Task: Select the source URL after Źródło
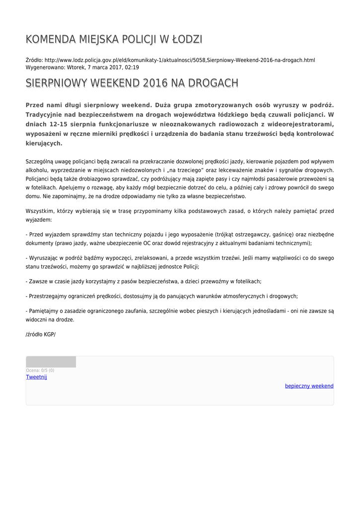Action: click(x=180, y=60)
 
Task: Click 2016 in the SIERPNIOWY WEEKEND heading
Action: click(x=155, y=83)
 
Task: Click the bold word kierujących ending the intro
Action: click(x=44, y=143)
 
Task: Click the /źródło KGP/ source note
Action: click(x=41, y=334)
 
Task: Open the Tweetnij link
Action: click(x=36, y=377)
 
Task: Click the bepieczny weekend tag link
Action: click(x=309, y=386)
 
